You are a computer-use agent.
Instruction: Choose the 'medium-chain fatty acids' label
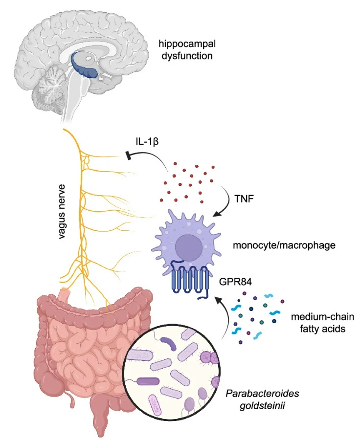pos(317,322)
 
